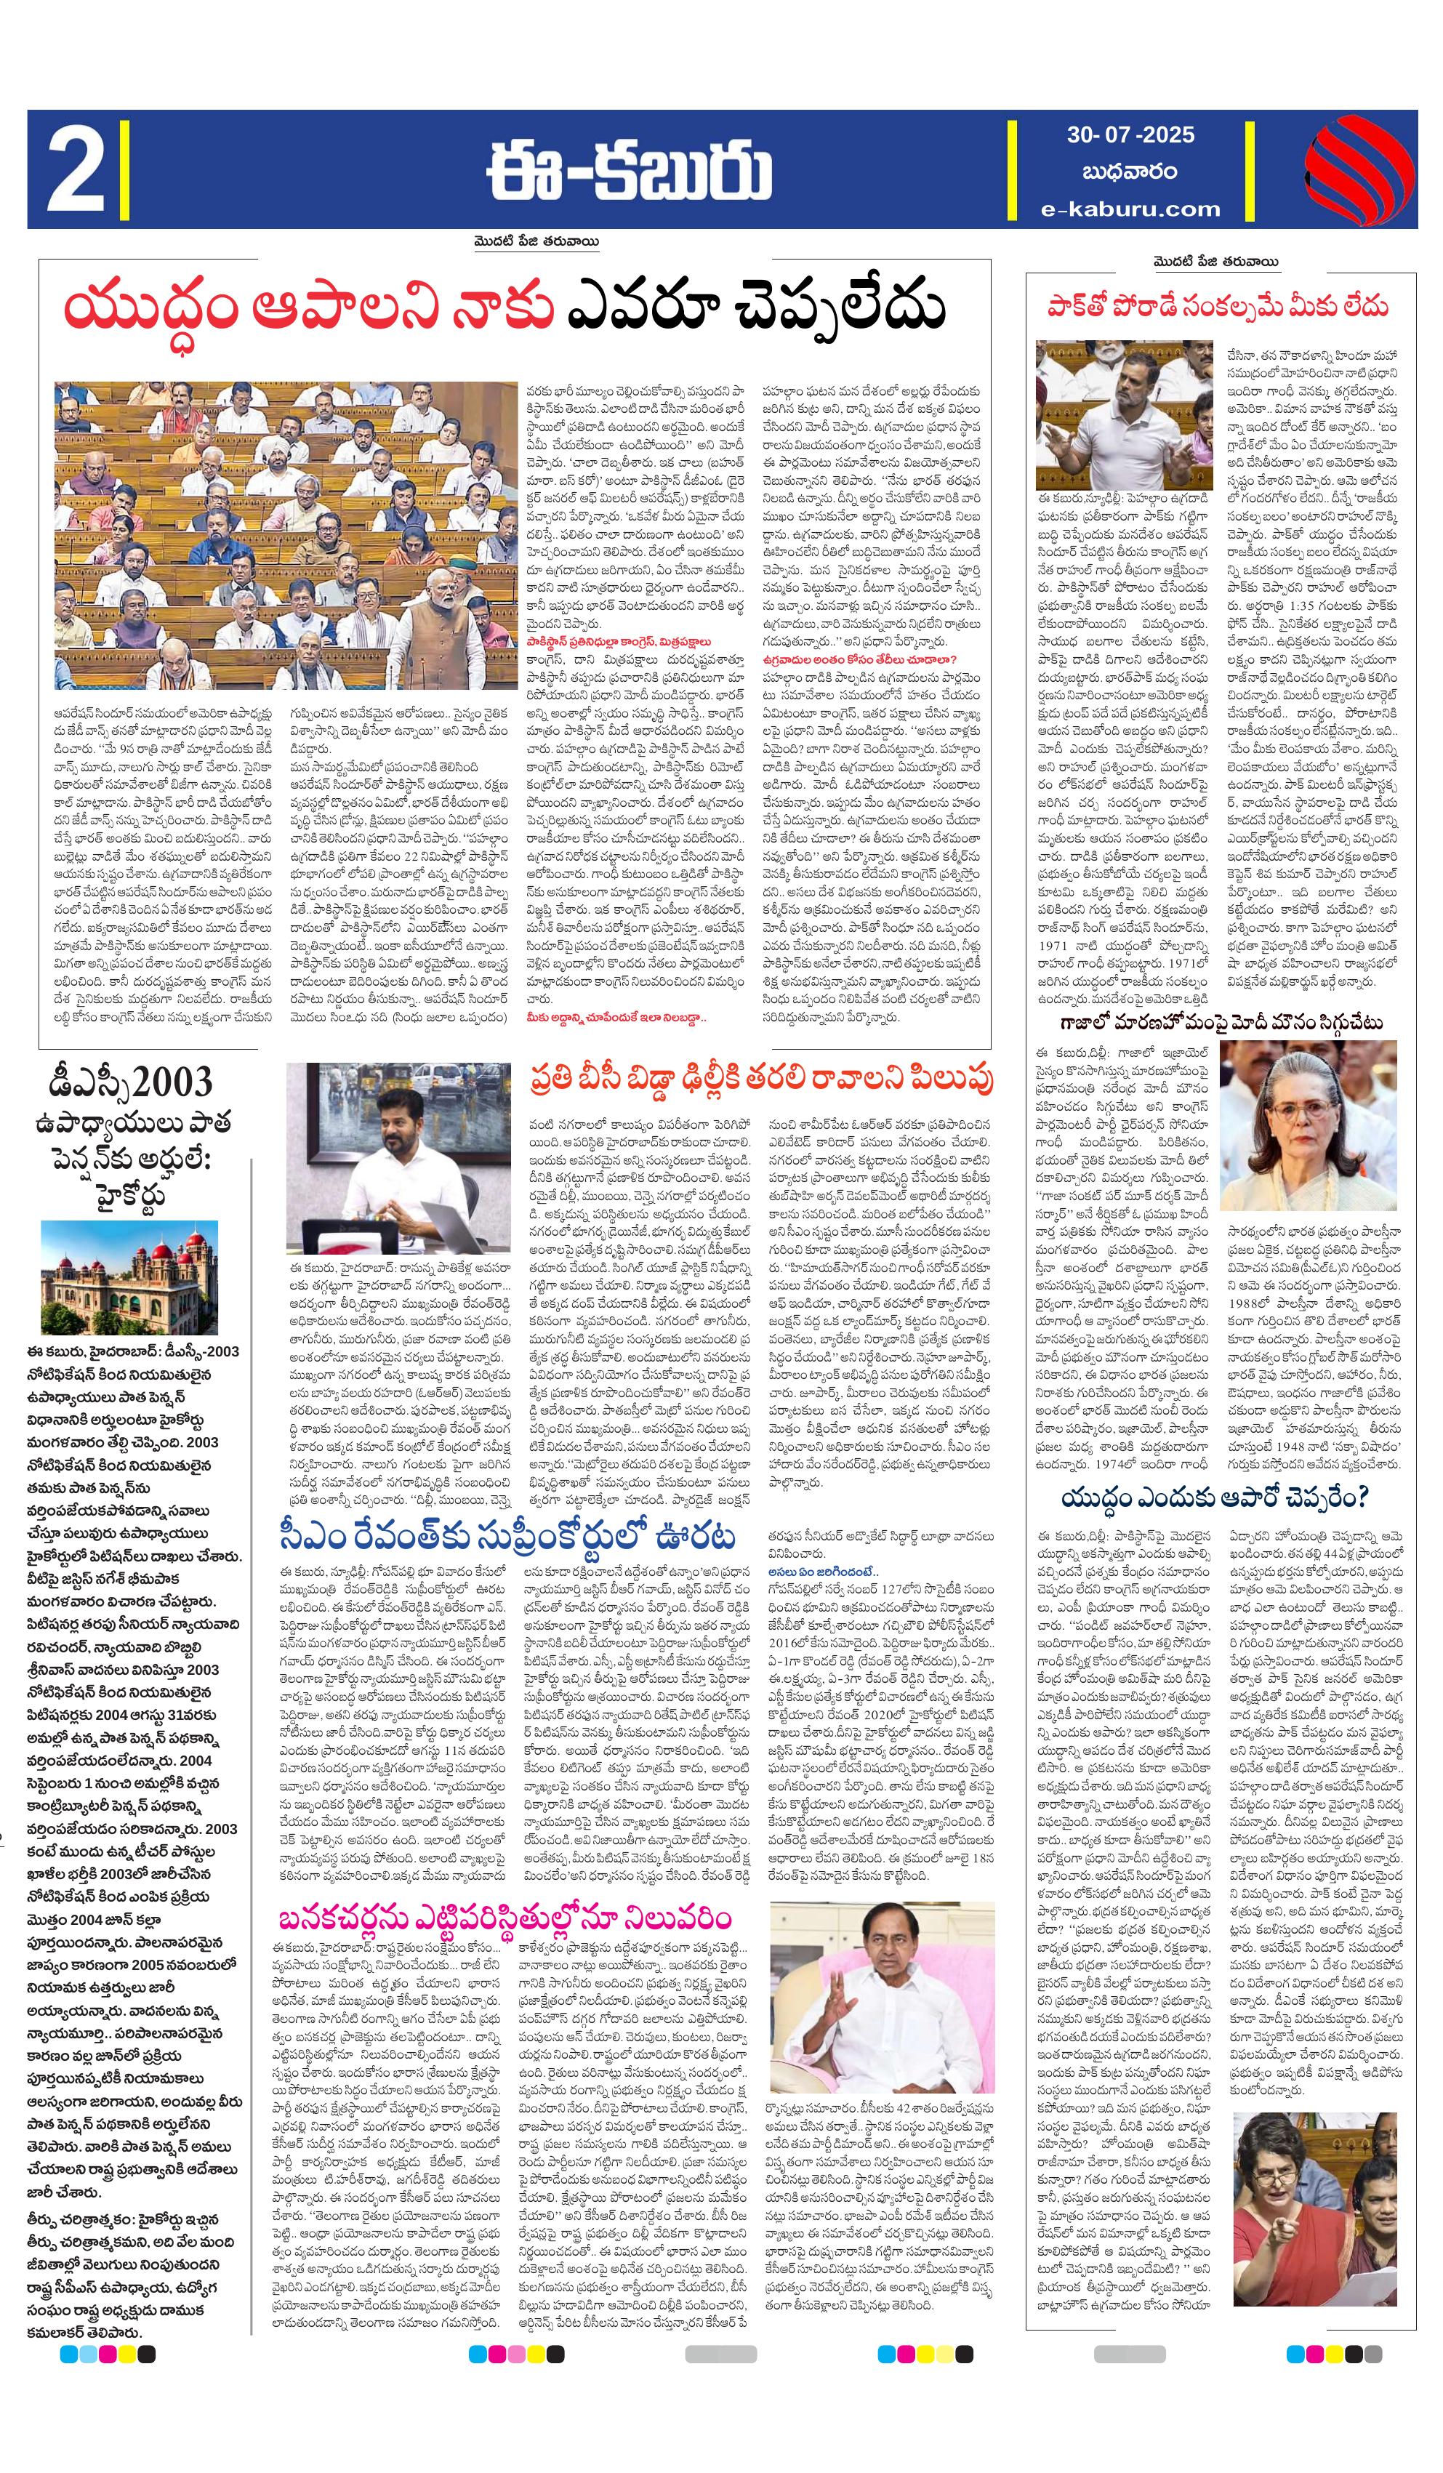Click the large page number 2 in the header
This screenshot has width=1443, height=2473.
pyautogui.click(x=75, y=169)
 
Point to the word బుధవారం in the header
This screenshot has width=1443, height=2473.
pyautogui.click(x=1130, y=171)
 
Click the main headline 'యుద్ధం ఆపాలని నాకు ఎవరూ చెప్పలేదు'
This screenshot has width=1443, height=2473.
pyautogui.click(x=504, y=308)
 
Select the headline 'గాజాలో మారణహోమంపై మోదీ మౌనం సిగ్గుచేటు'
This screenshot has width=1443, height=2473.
pyautogui.click(x=1217, y=1023)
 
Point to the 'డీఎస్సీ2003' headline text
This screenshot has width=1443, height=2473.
pyautogui.click(x=131, y=1083)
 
